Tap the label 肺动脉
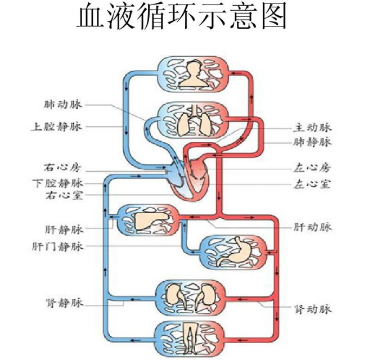click(x=62, y=105)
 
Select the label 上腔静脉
click(x=56, y=127)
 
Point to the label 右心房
click(x=62, y=168)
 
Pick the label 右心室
click(x=62, y=196)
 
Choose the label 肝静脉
click(x=62, y=229)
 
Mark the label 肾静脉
click(x=62, y=303)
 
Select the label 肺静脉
click(x=313, y=142)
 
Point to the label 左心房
click(x=313, y=168)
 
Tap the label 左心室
click(x=313, y=183)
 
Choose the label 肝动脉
click(x=313, y=227)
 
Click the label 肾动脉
click(x=313, y=309)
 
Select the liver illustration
click(x=149, y=219)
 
